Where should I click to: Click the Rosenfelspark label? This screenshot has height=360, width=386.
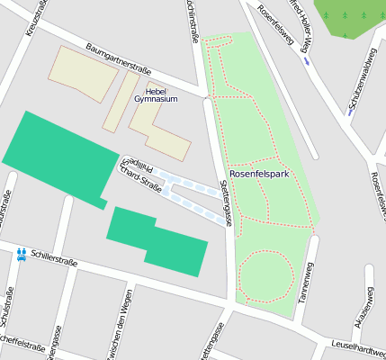point(258,174)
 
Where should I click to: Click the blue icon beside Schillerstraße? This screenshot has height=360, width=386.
point(21,254)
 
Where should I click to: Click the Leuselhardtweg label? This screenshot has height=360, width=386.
point(357,345)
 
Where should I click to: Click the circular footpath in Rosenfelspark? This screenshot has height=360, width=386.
point(265,274)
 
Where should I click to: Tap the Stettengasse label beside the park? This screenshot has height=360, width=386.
point(225,202)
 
